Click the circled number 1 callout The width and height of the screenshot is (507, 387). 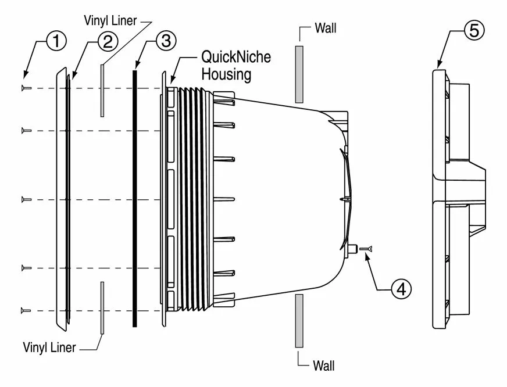[56, 41]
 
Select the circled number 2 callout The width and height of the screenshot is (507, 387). [108, 42]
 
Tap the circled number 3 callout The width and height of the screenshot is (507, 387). [166, 41]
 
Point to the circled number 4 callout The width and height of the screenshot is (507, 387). [401, 288]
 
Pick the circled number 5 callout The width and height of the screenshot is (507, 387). [474, 30]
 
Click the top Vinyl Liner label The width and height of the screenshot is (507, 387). [110, 20]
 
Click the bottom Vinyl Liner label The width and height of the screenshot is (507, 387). [49, 347]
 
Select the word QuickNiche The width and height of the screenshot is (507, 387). [236, 57]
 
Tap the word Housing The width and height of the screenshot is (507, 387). [226, 74]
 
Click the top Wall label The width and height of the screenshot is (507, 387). [325, 28]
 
